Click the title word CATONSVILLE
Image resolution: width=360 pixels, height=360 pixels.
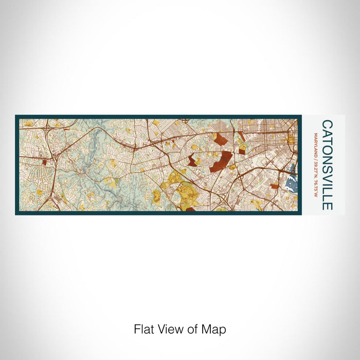pyautogui.click(x=327, y=165)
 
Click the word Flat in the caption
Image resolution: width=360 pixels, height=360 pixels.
pyautogui.click(x=143, y=329)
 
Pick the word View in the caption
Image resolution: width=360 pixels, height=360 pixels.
pyautogui.click(x=168, y=329)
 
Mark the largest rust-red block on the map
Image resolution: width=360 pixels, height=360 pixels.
pyautogui.click(x=221, y=162)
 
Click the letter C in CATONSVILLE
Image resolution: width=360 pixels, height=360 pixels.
pyautogui.click(x=327, y=124)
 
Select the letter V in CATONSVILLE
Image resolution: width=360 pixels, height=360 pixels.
pyautogui.click(x=327, y=175)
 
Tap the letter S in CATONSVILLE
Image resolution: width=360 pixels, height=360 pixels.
pyautogui.click(x=327, y=166)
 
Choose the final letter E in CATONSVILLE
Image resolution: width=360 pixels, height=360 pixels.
pyautogui.click(x=327, y=206)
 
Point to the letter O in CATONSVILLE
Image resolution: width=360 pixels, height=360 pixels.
pyautogui.click(x=327, y=148)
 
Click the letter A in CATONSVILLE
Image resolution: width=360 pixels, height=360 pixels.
pyautogui.click(x=327, y=133)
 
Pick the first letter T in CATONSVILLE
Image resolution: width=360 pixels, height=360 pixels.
pyautogui.click(x=327, y=140)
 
